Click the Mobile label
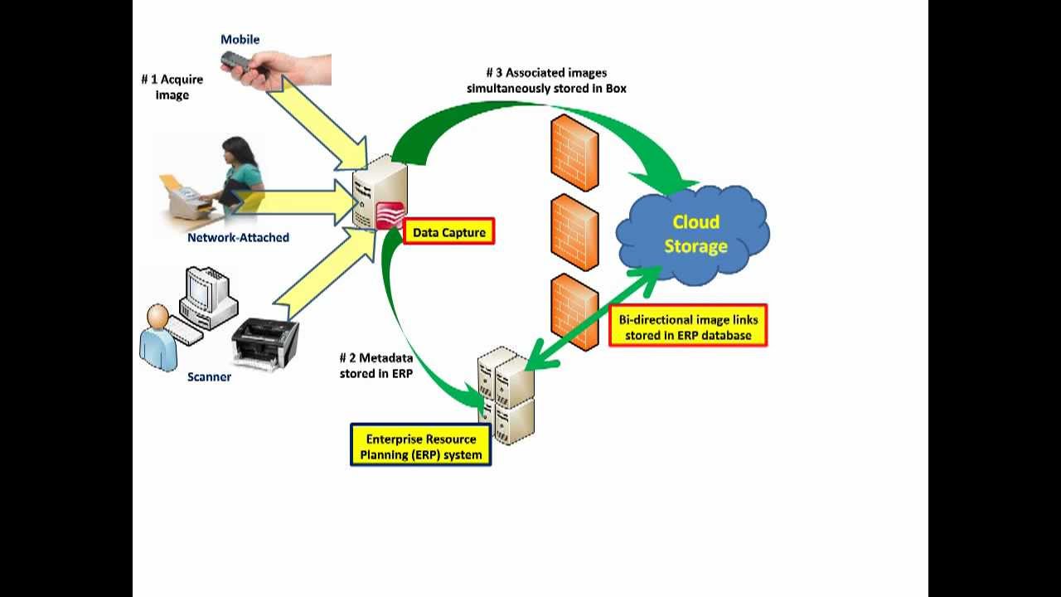click(x=240, y=40)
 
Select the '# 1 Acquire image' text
click(x=172, y=87)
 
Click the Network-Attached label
click(x=238, y=237)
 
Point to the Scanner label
click(x=209, y=377)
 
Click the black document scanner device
click(x=265, y=342)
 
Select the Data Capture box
click(x=449, y=232)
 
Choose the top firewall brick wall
click(x=574, y=153)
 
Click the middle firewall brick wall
click(x=574, y=232)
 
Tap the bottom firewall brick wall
click(x=574, y=312)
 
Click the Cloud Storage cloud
click(x=694, y=234)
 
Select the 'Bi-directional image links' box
click(x=688, y=327)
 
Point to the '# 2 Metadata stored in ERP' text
click(x=375, y=366)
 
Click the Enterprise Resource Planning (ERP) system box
click(x=421, y=446)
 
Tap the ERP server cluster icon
click(x=506, y=396)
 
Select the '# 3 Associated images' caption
click(x=546, y=80)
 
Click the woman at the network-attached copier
click(x=240, y=174)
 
